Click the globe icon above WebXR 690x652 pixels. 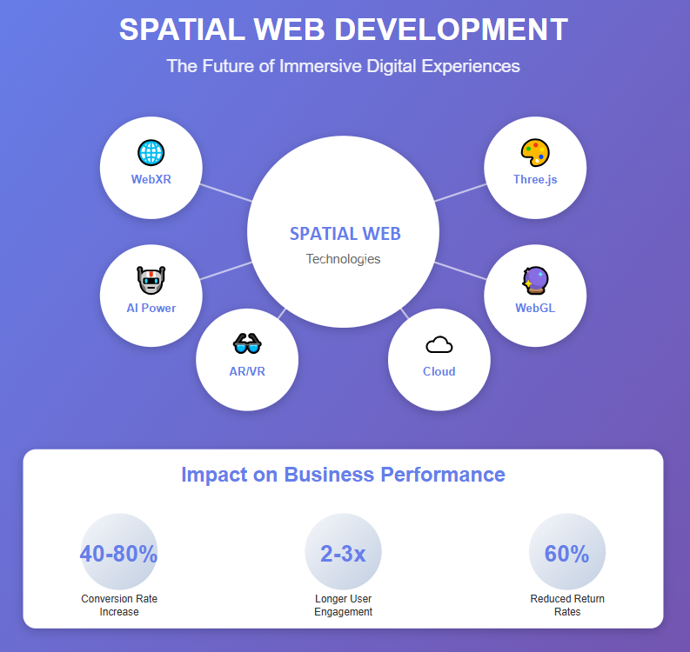coord(151,153)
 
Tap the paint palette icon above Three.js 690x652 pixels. coord(534,153)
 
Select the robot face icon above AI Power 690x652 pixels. coord(151,282)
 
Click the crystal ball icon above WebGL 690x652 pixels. coord(534,281)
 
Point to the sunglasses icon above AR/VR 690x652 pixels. coord(247,344)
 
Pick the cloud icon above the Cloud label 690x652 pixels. coord(439,345)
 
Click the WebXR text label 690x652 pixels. coord(151,180)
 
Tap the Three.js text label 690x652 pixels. coord(535,180)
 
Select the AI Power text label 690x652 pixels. coord(151,308)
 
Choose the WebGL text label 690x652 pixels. coord(535,308)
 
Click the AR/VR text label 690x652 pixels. coord(247,371)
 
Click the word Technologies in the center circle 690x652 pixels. coord(343,259)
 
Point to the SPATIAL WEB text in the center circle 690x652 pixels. coord(345,234)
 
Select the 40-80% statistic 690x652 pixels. coord(118,554)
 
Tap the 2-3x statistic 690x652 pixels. coord(343,554)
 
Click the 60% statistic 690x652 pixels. coord(567,554)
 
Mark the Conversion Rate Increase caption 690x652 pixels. coord(119,605)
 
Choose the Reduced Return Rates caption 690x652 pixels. coord(567,605)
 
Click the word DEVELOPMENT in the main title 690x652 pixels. coord(451,30)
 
